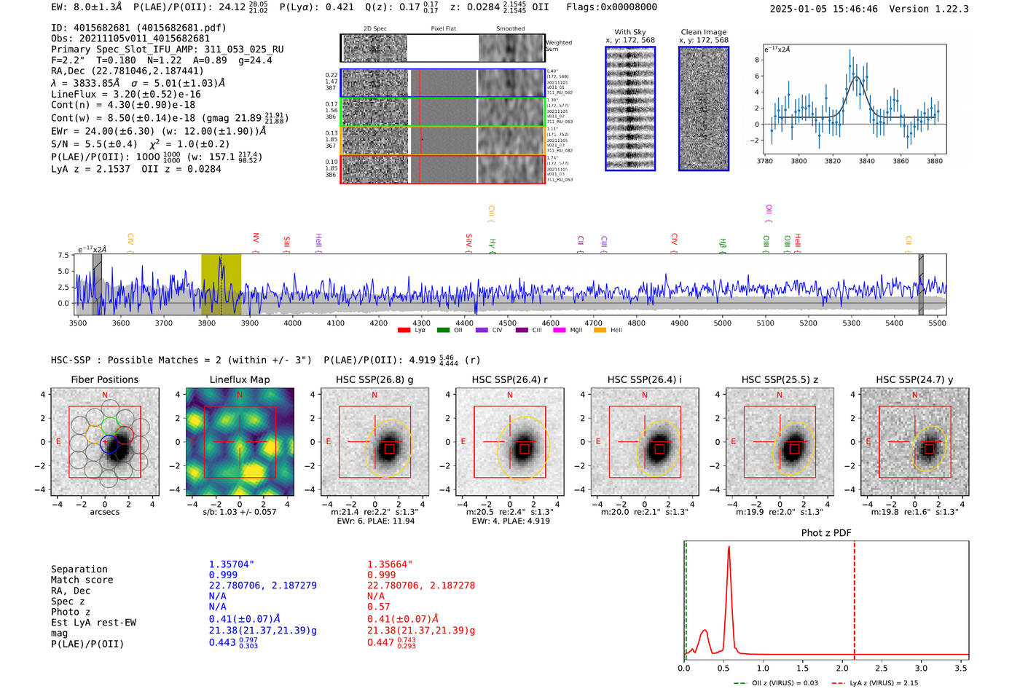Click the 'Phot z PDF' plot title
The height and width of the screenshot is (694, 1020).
pos(825,533)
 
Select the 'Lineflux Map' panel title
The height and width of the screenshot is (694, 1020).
pos(239,379)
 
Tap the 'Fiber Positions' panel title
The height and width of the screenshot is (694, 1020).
pos(104,379)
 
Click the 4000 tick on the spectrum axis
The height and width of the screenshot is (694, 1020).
pos(292,323)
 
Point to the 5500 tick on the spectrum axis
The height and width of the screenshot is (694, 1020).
pos(937,323)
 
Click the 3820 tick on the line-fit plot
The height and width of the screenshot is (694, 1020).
pos(833,161)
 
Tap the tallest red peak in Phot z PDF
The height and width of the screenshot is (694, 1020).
pos(729,548)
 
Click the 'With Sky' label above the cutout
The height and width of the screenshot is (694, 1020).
pos(630,32)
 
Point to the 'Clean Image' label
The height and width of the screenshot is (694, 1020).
pos(703,32)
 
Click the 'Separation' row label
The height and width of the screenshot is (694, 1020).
pos(79,569)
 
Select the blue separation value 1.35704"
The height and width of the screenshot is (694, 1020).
pos(231,564)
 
